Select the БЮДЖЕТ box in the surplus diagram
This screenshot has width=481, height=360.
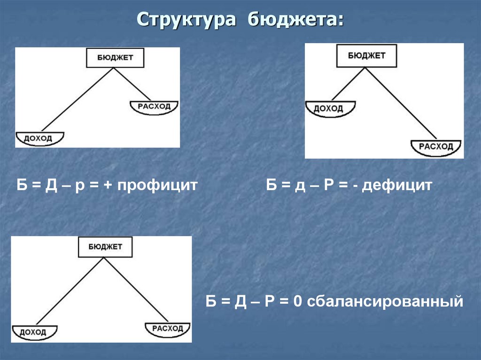coord(115,58)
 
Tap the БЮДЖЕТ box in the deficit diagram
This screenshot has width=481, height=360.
coord(367,55)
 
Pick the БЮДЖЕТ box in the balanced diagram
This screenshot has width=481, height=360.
coord(105,246)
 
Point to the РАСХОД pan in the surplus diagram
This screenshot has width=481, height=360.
coord(155,107)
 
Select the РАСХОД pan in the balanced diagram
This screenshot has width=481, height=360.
coord(167,328)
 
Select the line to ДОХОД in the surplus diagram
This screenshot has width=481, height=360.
coord(78,99)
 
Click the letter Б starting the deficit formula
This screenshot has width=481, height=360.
coord(272,185)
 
